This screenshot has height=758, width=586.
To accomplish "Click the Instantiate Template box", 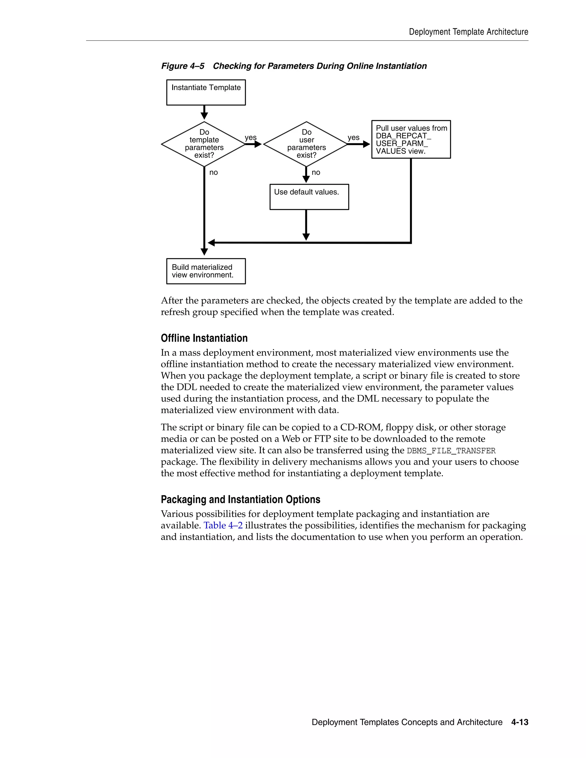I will tap(206, 92).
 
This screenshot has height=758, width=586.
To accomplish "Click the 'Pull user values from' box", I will tap(411, 140).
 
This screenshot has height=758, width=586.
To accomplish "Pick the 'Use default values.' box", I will tap(309, 197).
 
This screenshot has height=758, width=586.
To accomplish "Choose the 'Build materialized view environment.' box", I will tap(206, 271).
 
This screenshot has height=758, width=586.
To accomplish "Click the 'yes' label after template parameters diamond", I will tap(250, 137).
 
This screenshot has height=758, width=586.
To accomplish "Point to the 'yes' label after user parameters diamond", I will tap(353, 137).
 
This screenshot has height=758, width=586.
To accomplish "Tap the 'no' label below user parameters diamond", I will tap(316, 172).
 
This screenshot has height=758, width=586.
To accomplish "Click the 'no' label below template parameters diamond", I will tap(213, 172).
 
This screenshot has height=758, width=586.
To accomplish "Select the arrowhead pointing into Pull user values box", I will tap(366, 144).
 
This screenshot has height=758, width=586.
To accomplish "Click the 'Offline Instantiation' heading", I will tap(204, 338).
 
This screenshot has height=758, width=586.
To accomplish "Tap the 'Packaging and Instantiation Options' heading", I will tap(240, 499).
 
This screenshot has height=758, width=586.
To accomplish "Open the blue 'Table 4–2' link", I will tap(223, 525).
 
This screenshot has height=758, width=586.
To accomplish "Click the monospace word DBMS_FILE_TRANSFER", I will tap(451, 451).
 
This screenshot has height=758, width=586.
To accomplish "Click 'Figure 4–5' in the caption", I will tap(183, 66).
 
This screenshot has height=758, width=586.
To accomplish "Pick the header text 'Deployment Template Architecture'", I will tap(468, 32).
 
